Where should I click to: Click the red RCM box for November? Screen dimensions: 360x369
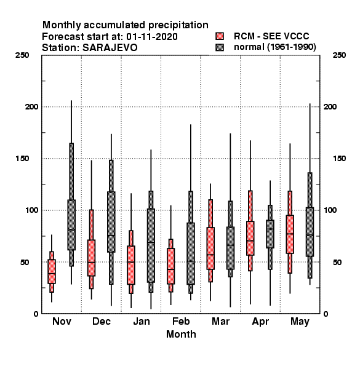coord(52,271)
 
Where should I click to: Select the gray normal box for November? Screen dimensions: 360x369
coord(71,224)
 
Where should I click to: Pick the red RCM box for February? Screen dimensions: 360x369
coord(170,266)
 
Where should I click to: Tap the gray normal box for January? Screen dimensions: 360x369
coord(151,245)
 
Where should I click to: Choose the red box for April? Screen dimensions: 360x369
coord(250,238)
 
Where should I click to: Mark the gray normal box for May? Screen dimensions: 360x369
coord(310,232)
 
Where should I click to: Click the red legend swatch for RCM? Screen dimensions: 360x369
coord(220,36)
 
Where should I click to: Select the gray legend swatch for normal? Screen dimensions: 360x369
coord(220,47)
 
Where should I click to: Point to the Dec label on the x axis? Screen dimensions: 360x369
coord(102,322)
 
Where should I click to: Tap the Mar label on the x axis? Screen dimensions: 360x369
coord(220,322)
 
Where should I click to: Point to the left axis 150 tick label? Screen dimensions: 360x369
coord(22,159)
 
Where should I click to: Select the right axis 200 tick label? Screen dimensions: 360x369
coord(330,107)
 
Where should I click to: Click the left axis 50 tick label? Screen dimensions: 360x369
coord(25,262)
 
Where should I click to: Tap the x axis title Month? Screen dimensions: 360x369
coord(181,334)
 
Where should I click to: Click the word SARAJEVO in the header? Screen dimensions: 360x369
coord(110,48)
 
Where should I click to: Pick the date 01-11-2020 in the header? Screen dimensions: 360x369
coord(152,37)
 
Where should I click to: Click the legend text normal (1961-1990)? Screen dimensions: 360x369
coord(274,47)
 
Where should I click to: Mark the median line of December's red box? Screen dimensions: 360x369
coord(91,262)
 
